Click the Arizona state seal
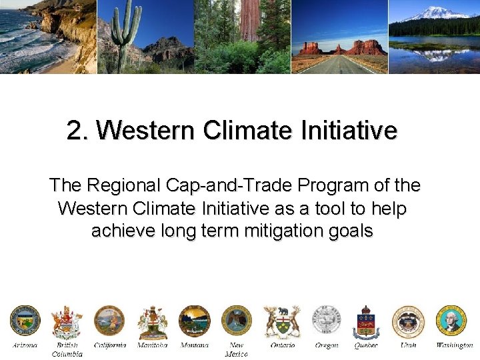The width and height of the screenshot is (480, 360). click(25, 321)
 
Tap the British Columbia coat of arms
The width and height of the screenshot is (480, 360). click(67, 323)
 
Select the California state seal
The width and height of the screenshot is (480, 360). click(109, 321)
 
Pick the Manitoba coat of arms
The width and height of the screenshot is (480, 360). click(152, 323)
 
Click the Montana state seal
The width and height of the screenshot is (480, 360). click(195, 321)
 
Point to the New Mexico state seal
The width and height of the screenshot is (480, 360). click(237, 321)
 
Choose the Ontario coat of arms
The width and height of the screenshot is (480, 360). click(282, 323)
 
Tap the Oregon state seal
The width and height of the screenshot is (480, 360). click(326, 321)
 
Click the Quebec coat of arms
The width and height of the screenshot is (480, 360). click(366, 323)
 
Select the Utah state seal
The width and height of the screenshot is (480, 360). click(408, 321)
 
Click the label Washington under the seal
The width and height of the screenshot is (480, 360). click(454, 345)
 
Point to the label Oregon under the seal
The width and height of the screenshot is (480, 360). click(326, 345)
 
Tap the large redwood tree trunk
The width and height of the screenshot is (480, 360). click(249, 20)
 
